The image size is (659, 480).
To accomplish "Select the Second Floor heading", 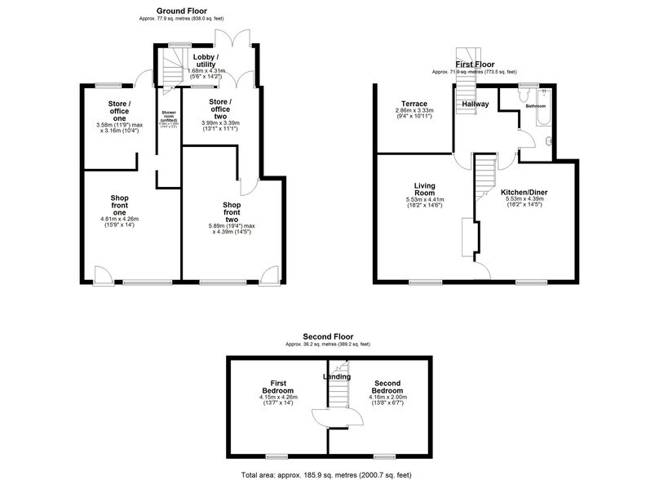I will [329, 336].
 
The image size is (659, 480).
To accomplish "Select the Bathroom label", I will [535, 107].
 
